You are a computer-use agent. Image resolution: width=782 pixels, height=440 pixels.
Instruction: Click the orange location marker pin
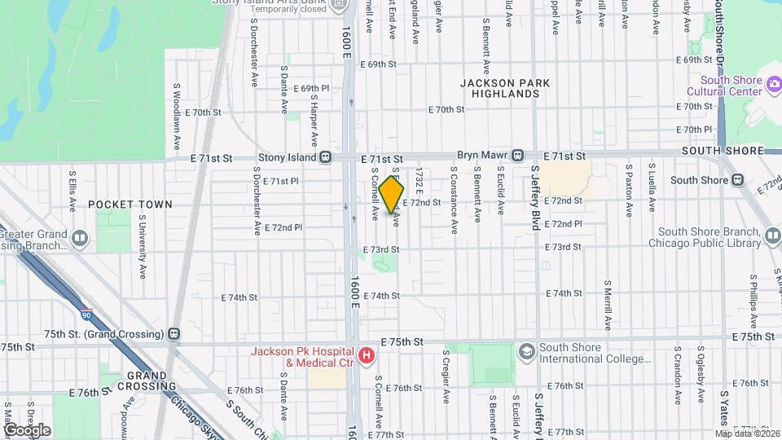tap(392, 195)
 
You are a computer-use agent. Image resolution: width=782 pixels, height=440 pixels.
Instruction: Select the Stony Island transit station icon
tap(325, 156)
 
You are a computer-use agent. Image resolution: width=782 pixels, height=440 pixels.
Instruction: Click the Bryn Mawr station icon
tap(516, 156)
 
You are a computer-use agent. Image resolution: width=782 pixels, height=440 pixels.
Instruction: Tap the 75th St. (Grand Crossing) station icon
tap(174, 334)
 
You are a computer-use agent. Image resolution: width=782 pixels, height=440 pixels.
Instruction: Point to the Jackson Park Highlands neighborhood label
tap(504, 88)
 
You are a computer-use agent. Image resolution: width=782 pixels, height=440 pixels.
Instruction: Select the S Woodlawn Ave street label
tap(176, 115)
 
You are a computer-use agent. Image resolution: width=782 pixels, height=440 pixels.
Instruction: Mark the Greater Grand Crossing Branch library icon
tap(80, 238)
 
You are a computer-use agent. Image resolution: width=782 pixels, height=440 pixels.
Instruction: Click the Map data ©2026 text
tap(747, 433)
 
